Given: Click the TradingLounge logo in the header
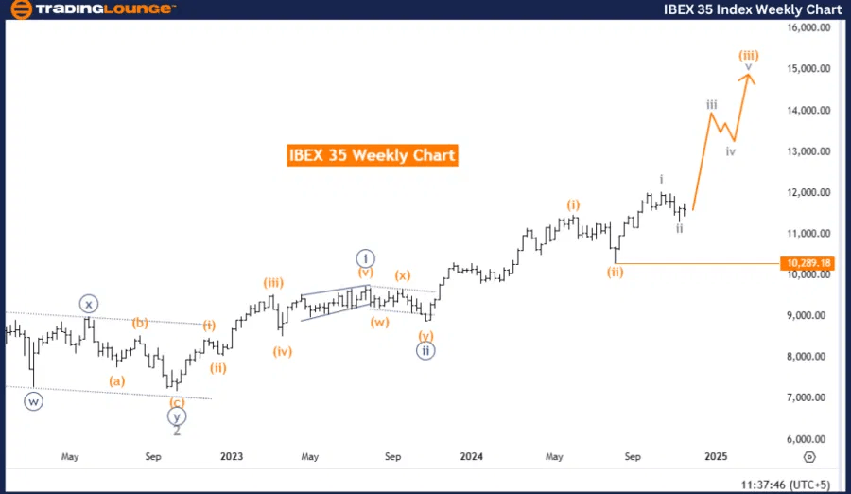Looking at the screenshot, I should (91, 9).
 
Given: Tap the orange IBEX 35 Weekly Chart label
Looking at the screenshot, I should (372, 155).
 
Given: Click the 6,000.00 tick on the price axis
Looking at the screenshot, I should (809, 439).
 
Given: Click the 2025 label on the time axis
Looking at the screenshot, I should (716, 456).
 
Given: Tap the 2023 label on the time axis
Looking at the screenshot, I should (232, 456).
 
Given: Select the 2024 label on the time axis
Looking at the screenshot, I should (472, 456).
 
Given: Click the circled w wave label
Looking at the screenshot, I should (35, 400).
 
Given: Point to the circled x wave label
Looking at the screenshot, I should (88, 304).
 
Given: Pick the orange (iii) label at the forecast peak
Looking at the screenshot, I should (748, 55).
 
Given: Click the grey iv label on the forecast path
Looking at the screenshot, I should (731, 151).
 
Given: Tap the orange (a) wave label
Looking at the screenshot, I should (117, 380).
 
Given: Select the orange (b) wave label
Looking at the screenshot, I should (140, 323).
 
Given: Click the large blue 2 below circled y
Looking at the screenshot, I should (177, 431).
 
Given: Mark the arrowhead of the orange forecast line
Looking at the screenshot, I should (747, 77).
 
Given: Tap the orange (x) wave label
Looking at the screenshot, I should (402, 275).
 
